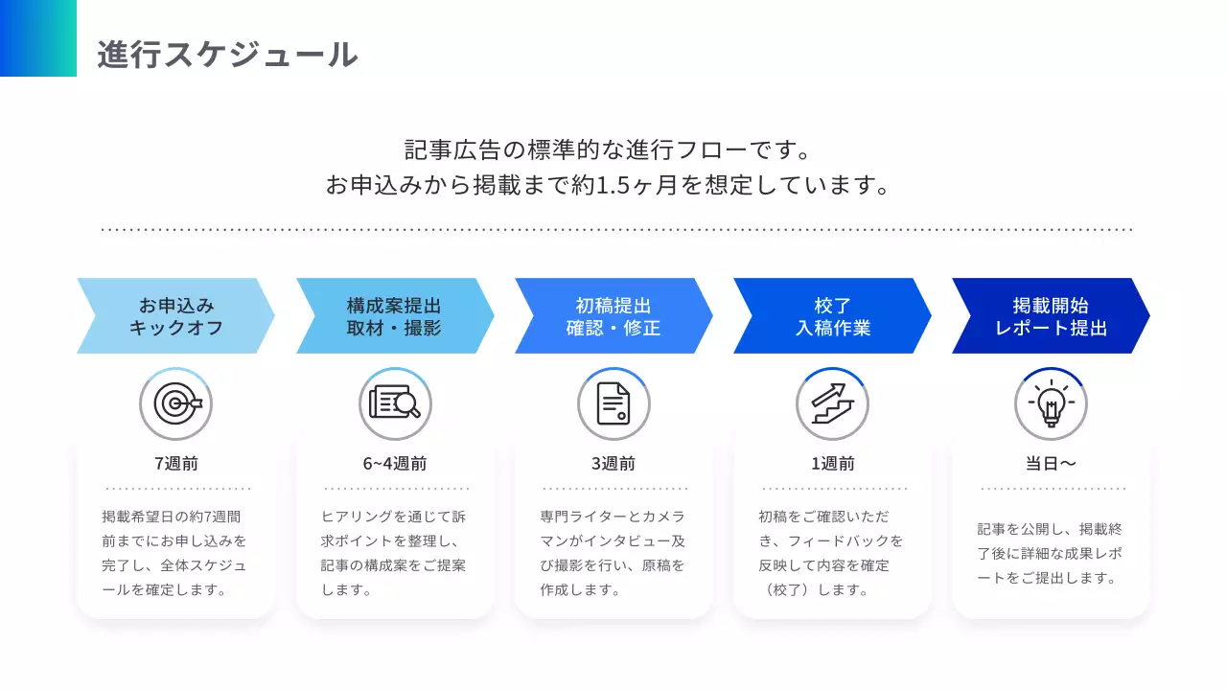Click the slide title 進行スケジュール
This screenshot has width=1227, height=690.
[x=227, y=55]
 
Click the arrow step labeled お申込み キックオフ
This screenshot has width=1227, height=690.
[x=175, y=316]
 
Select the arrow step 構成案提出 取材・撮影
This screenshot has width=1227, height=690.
[x=394, y=316]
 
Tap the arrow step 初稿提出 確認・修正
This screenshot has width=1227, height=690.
[x=613, y=316]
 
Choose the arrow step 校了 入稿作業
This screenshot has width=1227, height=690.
[x=832, y=316]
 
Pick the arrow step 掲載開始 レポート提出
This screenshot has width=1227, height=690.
[x=1051, y=316]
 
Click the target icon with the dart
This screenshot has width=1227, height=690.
[x=176, y=404]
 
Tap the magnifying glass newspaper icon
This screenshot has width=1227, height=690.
[x=395, y=404]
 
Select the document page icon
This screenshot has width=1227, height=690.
[x=613, y=404]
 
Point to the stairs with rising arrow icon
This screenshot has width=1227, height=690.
[x=832, y=404]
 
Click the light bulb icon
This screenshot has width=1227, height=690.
[x=1051, y=404]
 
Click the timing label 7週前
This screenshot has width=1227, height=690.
[x=176, y=464]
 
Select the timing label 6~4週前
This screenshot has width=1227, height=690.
[x=395, y=464]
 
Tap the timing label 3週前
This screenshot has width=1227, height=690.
[x=613, y=464]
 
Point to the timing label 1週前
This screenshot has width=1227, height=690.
[x=832, y=464]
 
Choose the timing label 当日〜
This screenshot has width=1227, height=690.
[x=1051, y=464]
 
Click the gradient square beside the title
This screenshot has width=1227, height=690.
[x=38, y=38]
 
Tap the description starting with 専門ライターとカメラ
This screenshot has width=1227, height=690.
[x=613, y=553]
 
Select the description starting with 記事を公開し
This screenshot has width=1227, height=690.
[x=1051, y=553]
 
